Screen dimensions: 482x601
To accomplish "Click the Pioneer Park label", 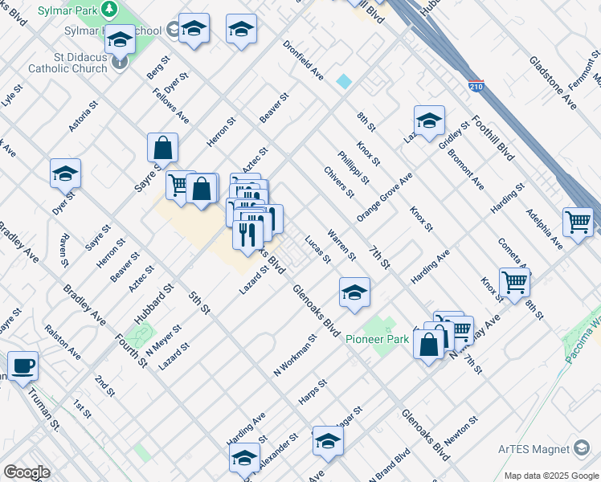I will [x=378, y=340].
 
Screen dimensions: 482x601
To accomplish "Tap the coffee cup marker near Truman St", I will [x=22, y=366].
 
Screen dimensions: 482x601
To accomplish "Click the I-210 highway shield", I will [x=476, y=86].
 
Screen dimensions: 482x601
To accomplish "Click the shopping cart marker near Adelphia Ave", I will [x=579, y=223].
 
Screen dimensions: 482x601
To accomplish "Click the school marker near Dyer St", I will [x=65, y=174].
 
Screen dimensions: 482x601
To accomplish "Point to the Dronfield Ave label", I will [x=303, y=61].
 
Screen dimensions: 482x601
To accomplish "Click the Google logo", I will [x=27, y=472].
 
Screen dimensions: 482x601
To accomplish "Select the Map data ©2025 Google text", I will [x=550, y=476].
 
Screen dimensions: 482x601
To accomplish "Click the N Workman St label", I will [x=296, y=357].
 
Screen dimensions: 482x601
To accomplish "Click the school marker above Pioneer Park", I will [x=354, y=292].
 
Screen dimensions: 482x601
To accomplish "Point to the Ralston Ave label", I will [x=63, y=341].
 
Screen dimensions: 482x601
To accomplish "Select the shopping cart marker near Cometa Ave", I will [x=514, y=282].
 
